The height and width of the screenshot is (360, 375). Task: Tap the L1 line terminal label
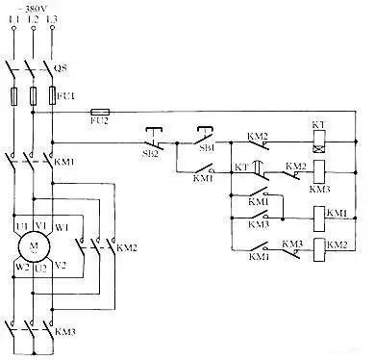pyautogui.click(x=13, y=19)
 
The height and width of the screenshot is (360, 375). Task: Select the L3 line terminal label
pyautogui.click(x=55, y=19)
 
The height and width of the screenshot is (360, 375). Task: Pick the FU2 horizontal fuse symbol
pyautogui.click(x=99, y=113)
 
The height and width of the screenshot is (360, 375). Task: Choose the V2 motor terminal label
pyautogui.click(x=61, y=263)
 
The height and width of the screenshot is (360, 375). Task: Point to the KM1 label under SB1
pyautogui.click(x=204, y=178)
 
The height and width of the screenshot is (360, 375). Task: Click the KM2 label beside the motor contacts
pyautogui.click(x=126, y=247)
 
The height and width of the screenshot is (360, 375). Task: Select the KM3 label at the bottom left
pyautogui.click(x=64, y=332)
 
